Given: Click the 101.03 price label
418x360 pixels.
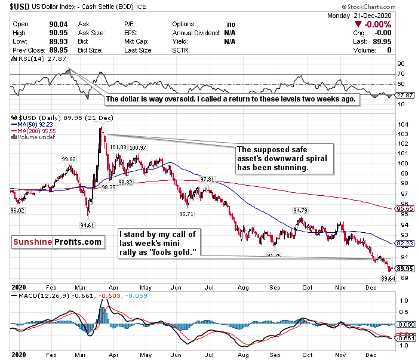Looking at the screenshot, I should [116, 147].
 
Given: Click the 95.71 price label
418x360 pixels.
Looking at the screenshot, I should [187, 214].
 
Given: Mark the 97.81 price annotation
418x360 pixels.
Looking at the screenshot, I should [207, 179].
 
